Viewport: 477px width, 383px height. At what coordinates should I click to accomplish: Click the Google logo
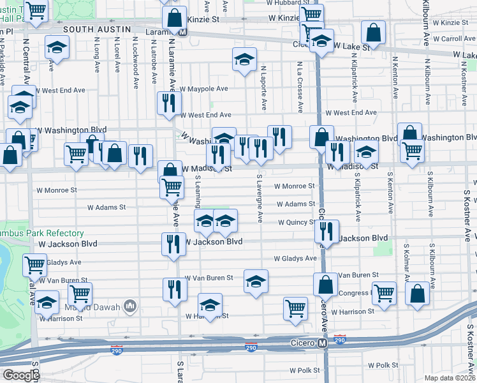coord(20,375)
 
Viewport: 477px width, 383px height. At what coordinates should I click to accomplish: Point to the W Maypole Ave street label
coord(203,89)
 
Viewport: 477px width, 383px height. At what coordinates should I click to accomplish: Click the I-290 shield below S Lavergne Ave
coord(251,347)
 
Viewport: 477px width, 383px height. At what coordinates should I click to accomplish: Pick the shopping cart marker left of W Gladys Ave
coord(34,264)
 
